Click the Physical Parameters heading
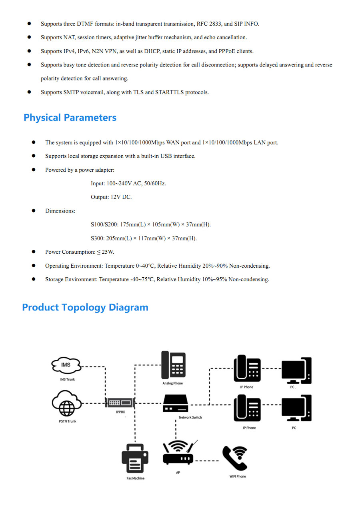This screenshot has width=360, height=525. tap(70, 118)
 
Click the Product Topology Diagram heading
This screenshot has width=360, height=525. tap(85, 307)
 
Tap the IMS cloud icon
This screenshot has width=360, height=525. tap(66, 365)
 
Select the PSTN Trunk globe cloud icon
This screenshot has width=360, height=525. tap(67, 405)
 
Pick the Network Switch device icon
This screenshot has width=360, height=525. tap(175, 403)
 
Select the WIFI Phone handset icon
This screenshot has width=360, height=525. tap(235, 459)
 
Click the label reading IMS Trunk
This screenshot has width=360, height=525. tap(67, 379)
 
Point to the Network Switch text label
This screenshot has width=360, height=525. tap(190, 417)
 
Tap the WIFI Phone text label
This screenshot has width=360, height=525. tap(238, 476)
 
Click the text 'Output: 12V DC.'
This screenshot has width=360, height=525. tap(111, 197)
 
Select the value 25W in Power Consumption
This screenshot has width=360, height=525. tap(108, 252)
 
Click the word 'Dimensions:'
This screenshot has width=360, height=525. tap(60, 211)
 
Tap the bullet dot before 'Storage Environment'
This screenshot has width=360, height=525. tap(34, 279)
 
